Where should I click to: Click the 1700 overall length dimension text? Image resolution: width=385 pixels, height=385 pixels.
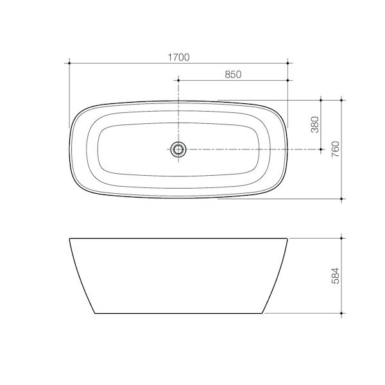tap(179, 56)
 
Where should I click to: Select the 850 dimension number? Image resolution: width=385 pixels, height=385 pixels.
tap(233, 74)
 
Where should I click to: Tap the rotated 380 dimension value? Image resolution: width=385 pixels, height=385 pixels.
tap(314, 124)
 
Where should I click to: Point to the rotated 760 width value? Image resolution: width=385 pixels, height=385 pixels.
tap(335, 149)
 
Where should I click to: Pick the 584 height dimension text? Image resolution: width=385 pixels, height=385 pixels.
tap(335, 275)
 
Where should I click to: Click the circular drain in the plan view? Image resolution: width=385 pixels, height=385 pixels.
tap(179, 150)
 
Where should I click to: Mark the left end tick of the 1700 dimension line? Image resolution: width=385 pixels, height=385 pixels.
tap(69, 63)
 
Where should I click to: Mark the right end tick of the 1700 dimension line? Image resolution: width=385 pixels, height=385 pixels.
tap(289, 63)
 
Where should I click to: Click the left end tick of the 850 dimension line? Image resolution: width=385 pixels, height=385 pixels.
tap(179, 80)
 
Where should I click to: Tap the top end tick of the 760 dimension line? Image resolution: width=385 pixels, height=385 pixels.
tap(342, 100)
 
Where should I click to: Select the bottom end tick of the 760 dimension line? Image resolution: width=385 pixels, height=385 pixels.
tap(342, 198)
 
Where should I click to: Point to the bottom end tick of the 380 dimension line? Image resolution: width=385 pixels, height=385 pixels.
tap(321, 149)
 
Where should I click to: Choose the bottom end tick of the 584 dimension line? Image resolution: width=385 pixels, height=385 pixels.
tap(342, 314)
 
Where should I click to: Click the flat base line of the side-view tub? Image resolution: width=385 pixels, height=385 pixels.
tap(179, 314)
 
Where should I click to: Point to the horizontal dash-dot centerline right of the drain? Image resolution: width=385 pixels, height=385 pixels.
tap(257, 150)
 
